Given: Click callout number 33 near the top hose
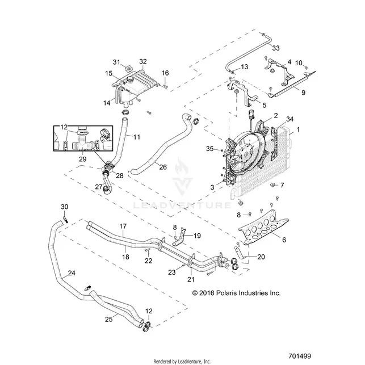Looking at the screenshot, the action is click(276, 48).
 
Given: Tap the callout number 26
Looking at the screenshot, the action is click(163, 167).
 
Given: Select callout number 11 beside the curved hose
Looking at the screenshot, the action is click(137, 137).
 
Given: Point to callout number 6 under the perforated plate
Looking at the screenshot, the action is click(284, 240).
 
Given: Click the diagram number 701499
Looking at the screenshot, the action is click(300, 356).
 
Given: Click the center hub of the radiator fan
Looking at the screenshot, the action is click(245, 154).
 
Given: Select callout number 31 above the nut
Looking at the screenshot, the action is click(116, 62).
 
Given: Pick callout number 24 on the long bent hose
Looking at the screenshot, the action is click(72, 273).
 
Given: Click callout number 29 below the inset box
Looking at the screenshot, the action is click(83, 159).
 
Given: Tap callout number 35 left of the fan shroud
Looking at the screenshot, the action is click(209, 149).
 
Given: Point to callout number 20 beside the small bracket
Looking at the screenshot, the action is click(261, 257).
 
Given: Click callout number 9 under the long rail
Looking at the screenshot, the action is click(303, 93).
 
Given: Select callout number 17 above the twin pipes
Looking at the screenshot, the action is click(123, 226).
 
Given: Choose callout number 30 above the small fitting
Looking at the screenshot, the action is click(65, 207).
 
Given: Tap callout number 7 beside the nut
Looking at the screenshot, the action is click(282, 185).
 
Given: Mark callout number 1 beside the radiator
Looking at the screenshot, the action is click(298, 129).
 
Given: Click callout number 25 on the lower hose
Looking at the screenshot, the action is click(109, 319).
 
